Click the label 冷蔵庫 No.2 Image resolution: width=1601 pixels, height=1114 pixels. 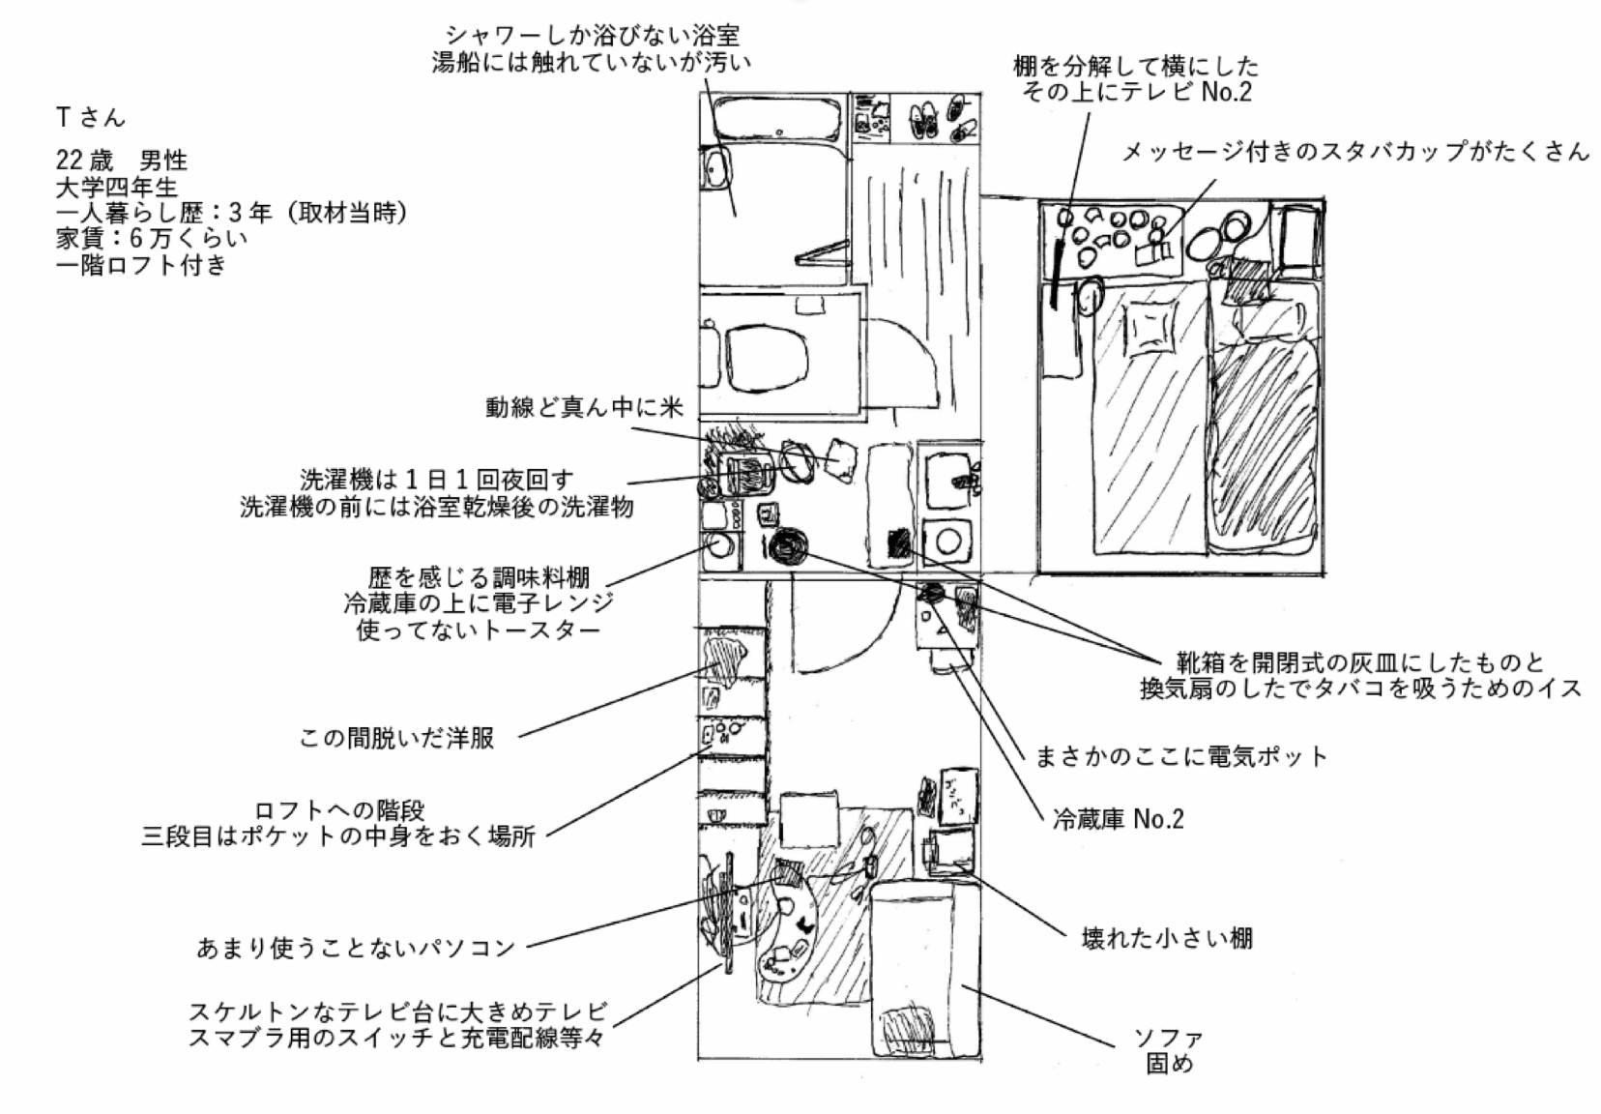[x=1118, y=819]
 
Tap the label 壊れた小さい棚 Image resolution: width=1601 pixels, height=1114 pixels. [x=1166, y=937]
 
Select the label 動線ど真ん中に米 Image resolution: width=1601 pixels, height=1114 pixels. [x=584, y=407]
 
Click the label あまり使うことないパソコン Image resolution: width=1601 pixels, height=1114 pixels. [x=356, y=948]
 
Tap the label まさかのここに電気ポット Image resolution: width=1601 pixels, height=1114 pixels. [x=1180, y=755]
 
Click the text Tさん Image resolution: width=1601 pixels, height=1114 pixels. [x=91, y=118]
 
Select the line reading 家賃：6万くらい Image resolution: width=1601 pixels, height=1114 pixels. [x=152, y=238]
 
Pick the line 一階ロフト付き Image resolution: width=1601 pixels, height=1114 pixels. [x=141, y=264]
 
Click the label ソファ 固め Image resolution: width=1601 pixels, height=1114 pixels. [x=1169, y=1051]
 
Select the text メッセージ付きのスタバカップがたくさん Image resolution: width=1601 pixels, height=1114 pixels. [x=1354, y=151]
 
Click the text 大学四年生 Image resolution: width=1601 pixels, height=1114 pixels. [x=117, y=187]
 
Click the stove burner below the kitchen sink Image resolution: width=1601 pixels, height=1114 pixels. [x=948, y=541]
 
